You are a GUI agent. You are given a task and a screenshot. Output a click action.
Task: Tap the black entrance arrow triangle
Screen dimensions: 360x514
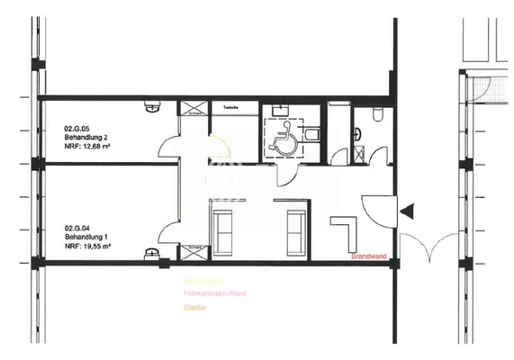408,211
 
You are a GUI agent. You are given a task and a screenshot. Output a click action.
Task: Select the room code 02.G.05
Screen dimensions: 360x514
77,129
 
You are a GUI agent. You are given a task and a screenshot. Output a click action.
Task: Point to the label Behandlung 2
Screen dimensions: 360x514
86,139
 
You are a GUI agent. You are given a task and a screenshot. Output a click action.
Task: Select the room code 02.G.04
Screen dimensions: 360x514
77,228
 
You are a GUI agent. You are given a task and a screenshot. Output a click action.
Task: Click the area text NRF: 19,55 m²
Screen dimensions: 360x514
88,247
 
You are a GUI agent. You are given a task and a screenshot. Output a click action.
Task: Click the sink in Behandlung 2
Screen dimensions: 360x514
149,104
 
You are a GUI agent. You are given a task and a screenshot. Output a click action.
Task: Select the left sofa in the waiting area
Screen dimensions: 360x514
221,230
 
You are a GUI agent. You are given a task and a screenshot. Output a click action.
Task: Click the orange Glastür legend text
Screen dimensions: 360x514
191,308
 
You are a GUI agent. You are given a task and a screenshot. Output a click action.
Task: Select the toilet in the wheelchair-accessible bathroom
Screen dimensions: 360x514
311,136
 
